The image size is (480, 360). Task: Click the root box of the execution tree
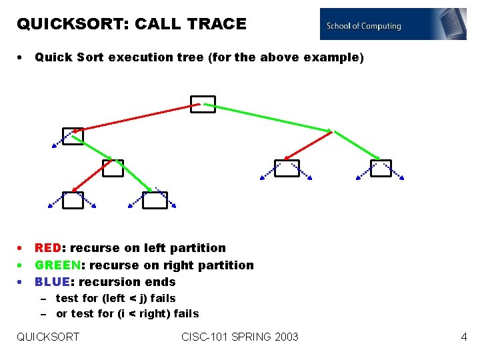tap(203, 104)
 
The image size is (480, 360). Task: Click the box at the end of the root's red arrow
tap(73, 136)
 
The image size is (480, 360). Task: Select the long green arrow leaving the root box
tap(267, 117)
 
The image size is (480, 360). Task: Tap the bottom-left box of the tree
tap(73, 200)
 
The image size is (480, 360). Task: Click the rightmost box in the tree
tap(381, 168)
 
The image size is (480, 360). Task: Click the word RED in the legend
tap(49, 248)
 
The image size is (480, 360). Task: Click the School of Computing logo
tap(393, 25)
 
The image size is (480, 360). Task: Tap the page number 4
tap(464, 337)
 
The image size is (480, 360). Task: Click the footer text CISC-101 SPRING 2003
tap(240, 337)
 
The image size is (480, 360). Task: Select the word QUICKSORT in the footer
tap(48, 337)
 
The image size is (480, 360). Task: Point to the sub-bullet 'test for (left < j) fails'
tap(115, 298)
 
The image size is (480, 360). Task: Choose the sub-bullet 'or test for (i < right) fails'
tap(127, 313)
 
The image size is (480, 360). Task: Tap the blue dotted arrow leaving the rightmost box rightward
tap(397, 171)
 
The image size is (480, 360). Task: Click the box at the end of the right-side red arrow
tap(287, 168)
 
